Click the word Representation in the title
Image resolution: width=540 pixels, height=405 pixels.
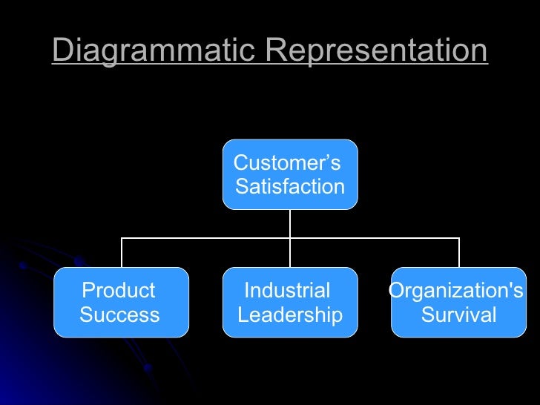pos(376,51)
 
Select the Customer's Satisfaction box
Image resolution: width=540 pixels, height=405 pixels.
pos(290,174)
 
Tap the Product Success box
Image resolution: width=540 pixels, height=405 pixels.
pos(121,303)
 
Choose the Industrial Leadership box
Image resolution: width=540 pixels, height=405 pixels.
pos(290,303)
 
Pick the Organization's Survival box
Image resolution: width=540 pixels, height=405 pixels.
pos(458,303)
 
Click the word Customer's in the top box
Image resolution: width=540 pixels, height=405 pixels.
pos(286,162)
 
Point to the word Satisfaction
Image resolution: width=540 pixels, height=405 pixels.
pos(290,187)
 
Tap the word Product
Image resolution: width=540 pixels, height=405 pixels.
pos(119,291)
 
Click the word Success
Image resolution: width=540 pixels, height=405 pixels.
pos(119,315)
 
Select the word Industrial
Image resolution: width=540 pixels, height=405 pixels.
pos(287,291)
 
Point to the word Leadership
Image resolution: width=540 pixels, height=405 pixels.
pos(290,315)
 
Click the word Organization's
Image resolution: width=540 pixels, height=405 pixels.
pos(456,291)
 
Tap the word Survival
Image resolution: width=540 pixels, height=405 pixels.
pos(459,315)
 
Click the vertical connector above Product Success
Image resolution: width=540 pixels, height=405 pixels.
pos(122,253)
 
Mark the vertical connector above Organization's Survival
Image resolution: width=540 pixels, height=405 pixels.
pos(459,253)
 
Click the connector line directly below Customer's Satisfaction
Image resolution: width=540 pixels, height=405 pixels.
pos(290,223)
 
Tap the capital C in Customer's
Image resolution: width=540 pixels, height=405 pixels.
pos(240,162)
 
